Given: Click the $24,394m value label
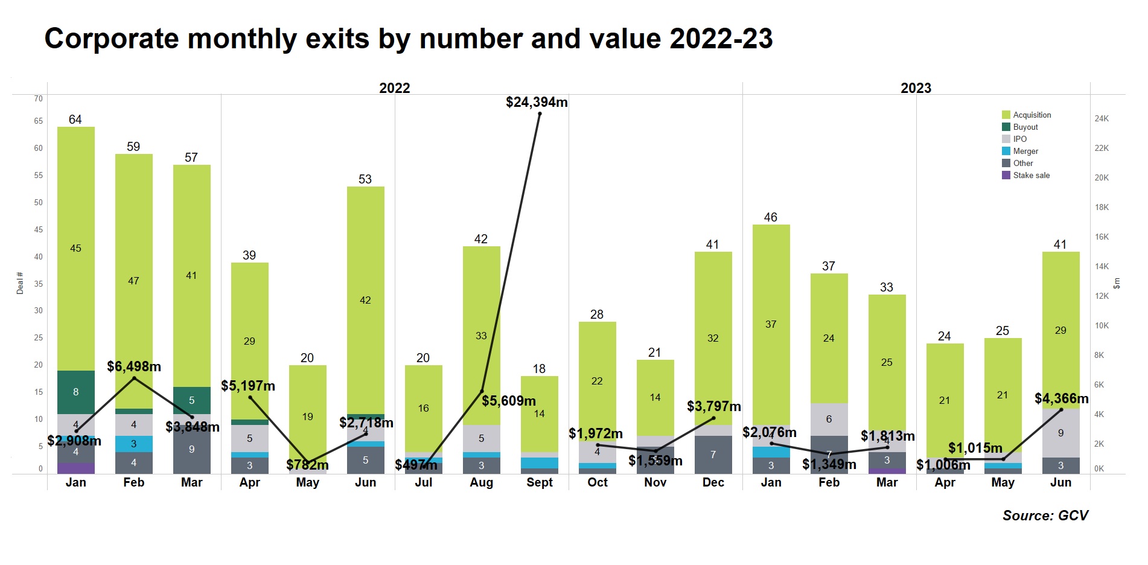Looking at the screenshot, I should tap(537, 103).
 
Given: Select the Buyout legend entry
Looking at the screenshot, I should tap(1025, 127).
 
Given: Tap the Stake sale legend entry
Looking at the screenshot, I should tap(1030, 176).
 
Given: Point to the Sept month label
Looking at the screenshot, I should tap(539, 483).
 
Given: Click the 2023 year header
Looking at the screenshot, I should tap(916, 88).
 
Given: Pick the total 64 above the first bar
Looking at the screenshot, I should tap(75, 120).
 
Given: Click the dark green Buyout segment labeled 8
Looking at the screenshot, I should tap(76, 392).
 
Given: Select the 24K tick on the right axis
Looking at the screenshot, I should tap(1102, 119).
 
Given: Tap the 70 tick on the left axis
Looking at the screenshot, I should tap(39, 98).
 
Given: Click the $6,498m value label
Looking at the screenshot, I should tap(134, 366).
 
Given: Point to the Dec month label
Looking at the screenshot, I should tap(713, 483).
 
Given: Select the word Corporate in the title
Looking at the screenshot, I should tap(112, 39).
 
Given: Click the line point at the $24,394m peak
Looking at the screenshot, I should tap(540, 113).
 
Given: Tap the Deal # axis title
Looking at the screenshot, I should tap(20, 283).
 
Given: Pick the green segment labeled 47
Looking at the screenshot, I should tap(134, 281).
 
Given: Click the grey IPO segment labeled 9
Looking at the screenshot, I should tap(1060, 433).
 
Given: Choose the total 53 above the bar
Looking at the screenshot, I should tap(365, 179).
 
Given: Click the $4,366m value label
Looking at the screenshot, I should tap(1061, 398).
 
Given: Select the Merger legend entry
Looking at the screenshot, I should tap(1025, 152).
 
